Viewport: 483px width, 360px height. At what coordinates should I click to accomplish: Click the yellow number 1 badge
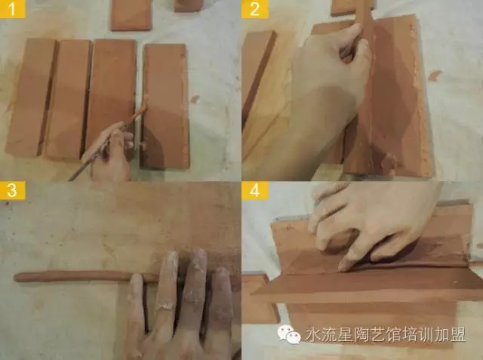pyautogui.click(x=12, y=9)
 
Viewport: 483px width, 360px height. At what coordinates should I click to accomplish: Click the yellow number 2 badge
pyautogui.click(x=255, y=9)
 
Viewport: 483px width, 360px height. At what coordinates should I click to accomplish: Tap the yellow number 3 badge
pyautogui.click(x=12, y=190)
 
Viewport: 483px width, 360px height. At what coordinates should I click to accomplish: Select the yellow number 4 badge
pyautogui.click(x=255, y=190)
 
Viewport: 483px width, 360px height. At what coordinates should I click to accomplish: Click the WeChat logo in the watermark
pyautogui.click(x=289, y=334)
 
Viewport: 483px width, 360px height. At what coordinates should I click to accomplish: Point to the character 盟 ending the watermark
pyautogui.click(x=457, y=334)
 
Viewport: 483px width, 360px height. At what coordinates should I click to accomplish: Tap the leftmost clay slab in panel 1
pyautogui.click(x=30, y=97)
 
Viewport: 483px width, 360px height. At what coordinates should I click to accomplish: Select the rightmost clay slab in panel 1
pyautogui.click(x=165, y=106)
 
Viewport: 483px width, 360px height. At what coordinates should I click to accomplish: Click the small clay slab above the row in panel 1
pyautogui.click(x=131, y=15)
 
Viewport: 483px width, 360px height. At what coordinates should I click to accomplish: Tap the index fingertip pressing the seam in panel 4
pyautogui.click(x=343, y=266)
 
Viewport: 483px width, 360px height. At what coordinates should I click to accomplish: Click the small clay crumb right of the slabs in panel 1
pyautogui.click(x=195, y=99)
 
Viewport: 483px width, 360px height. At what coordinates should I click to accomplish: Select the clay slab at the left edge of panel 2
pyautogui.click(x=257, y=77)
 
